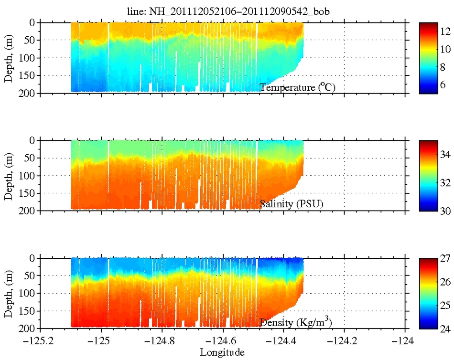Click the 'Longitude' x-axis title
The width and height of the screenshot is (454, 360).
point(223,352)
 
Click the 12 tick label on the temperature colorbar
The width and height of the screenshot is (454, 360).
point(445,32)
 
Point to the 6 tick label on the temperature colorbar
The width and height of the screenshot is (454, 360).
point(443,85)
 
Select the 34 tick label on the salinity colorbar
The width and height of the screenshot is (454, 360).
point(445,155)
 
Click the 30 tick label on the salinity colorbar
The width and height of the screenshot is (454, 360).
point(445,211)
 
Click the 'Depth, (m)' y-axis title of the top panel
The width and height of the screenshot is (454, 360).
point(9,57)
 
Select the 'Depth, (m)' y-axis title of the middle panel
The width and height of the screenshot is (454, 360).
point(9,175)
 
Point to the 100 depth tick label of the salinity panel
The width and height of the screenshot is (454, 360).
point(27,175)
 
